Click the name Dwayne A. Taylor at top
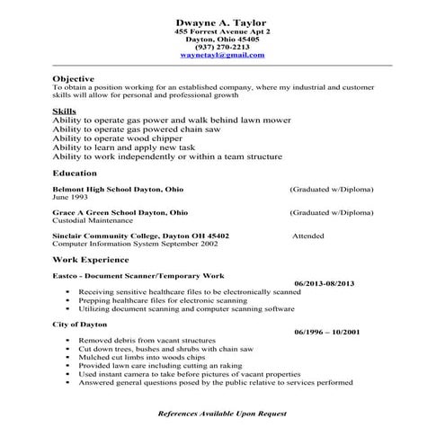222,22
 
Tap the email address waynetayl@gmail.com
222,56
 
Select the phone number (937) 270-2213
222,48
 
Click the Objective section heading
74,79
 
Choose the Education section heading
76,173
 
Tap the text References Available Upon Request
222,413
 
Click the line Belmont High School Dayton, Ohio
118,191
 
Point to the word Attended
310,236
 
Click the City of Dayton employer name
79,324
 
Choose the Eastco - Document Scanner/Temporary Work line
138,275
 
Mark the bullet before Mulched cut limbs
68,357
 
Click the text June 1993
74,198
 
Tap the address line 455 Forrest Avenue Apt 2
222,31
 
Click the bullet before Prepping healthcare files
68,301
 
